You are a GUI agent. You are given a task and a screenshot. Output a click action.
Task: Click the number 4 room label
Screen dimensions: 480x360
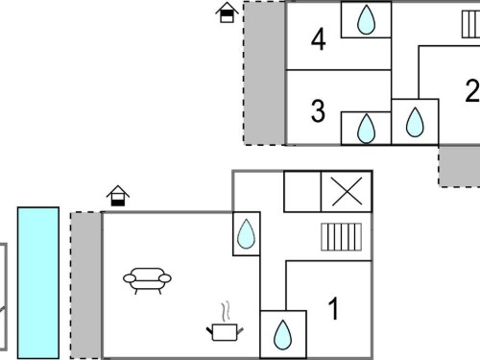click(x=319, y=39)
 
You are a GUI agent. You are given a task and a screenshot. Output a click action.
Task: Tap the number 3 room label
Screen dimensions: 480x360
click(x=318, y=111)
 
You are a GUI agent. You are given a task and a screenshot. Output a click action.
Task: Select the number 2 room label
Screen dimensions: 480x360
click(x=472, y=90)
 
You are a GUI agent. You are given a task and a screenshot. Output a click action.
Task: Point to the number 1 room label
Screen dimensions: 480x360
click(x=333, y=308)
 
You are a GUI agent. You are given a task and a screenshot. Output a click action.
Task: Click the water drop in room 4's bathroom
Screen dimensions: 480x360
click(x=366, y=19)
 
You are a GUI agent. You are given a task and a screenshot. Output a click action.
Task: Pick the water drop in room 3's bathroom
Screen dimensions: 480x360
click(x=366, y=129)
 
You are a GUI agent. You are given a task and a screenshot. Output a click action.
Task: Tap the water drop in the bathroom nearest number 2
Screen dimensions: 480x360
click(x=415, y=122)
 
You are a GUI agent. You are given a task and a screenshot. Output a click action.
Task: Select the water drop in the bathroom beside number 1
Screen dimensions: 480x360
click(x=283, y=335)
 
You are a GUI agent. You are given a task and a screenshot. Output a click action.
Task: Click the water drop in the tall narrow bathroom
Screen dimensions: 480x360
click(x=247, y=233)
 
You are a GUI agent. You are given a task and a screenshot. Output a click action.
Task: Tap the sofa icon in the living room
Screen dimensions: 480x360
click(x=147, y=280)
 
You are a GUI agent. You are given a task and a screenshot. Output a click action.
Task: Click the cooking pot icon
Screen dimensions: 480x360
click(x=225, y=332)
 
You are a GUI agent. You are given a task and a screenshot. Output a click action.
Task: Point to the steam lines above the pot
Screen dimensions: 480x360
click(x=226, y=310)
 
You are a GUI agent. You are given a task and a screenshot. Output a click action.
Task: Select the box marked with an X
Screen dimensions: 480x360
click(x=347, y=191)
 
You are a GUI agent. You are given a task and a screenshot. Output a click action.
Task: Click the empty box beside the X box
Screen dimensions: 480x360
click(x=302, y=191)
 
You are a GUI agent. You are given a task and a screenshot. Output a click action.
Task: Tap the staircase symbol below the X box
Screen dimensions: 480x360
click(x=342, y=237)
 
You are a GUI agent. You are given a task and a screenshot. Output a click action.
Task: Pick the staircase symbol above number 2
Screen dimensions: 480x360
click(x=470, y=24)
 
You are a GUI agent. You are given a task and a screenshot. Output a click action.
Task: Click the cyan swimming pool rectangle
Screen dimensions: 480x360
click(x=38, y=283)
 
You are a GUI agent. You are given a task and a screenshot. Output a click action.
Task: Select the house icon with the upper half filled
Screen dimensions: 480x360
click(x=227, y=12)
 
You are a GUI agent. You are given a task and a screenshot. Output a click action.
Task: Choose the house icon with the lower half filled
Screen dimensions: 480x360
click(x=118, y=196)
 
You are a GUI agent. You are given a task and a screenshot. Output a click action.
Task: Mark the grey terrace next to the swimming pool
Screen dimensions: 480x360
click(x=86, y=285)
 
